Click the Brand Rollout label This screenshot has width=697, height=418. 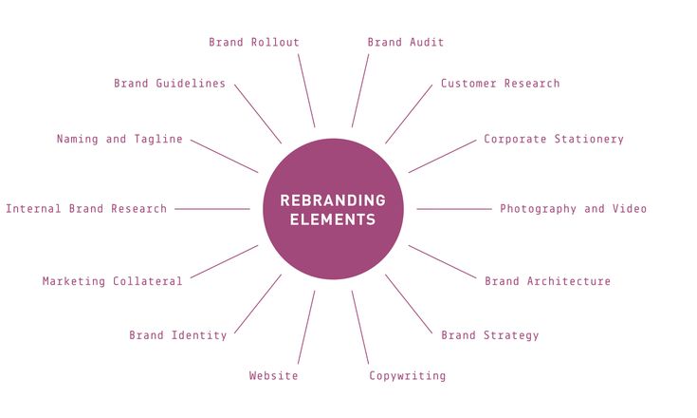click(x=254, y=42)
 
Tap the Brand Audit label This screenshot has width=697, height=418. click(x=406, y=42)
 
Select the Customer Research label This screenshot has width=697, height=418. click(x=500, y=84)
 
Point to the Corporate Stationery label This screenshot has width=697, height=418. click(x=554, y=139)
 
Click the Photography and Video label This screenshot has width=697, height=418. click(x=573, y=209)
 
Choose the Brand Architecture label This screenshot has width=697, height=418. click(x=547, y=281)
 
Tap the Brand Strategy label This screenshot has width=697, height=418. click(x=489, y=335)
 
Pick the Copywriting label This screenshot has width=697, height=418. click(x=407, y=376)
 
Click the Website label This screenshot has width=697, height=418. click(x=273, y=376)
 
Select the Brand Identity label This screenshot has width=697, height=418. click(x=178, y=335)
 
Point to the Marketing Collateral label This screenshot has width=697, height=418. click(x=112, y=281)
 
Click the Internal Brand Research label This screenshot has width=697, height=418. click(x=86, y=209)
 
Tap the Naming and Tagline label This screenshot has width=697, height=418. click(x=119, y=139)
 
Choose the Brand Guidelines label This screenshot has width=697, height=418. click(x=170, y=84)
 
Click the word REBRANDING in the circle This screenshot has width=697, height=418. click(x=333, y=200)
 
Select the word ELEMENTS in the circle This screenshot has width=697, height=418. click(x=333, y=219)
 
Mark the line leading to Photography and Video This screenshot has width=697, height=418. click(x=454, y=209)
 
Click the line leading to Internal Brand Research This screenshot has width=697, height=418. click(x=212, y=209)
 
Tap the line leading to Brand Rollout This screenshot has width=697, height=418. click(x=306, y=90)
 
